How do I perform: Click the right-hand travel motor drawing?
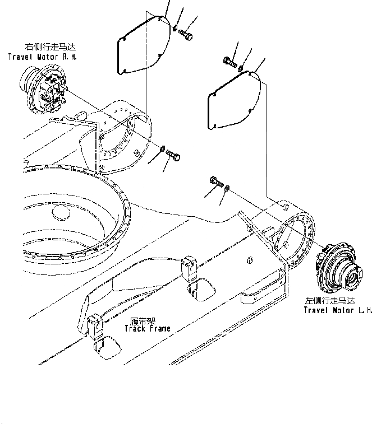(x=45, y=90)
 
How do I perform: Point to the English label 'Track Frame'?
(x=148, y=328)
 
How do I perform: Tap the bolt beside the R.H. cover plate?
(x=186, y=34)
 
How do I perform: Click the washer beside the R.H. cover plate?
(x=175, y=27)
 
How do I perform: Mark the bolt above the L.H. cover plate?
(x=228, y=61)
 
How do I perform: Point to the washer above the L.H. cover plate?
(x=241, y=69)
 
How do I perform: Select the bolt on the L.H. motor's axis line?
(x=216, y=181)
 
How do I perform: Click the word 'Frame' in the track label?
(x=159, y=328)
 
